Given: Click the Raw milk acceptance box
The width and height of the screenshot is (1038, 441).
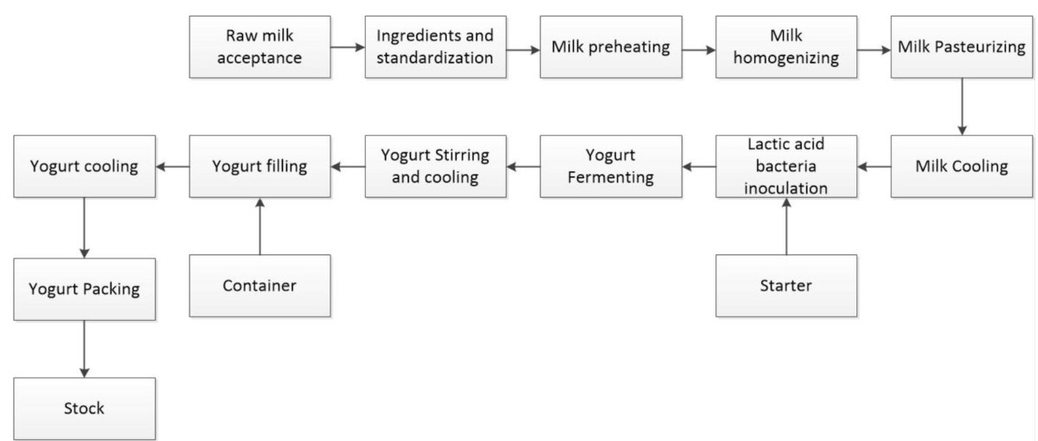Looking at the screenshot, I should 259,47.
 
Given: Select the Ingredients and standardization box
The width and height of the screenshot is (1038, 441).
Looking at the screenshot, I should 435,47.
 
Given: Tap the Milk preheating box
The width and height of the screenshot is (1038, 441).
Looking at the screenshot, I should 611,47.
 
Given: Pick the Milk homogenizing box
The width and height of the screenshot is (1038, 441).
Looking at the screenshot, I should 785,47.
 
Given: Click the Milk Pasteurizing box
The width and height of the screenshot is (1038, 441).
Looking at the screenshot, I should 961,47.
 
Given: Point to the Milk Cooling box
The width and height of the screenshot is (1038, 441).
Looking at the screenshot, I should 961,166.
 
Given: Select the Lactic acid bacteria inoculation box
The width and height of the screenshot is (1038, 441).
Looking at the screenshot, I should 785,166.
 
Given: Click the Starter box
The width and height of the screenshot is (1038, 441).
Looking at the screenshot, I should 785,285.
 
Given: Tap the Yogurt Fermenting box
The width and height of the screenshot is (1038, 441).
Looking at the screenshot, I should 611,166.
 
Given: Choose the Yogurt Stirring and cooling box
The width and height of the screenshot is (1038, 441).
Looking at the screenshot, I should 435,166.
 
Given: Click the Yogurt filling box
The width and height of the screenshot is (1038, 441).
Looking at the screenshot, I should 259,166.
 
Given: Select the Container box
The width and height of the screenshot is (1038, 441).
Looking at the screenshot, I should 259,285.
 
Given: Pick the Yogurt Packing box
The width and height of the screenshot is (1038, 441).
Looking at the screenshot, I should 84,289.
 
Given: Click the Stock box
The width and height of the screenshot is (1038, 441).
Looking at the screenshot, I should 84,408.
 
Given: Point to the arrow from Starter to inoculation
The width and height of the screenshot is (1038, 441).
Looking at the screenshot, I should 785,226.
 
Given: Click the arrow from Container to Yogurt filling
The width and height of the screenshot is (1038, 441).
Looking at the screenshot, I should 259,226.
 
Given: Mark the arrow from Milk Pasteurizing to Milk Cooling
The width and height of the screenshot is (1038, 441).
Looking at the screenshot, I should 961,105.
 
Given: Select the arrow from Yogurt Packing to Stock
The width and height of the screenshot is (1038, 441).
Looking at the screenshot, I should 84,348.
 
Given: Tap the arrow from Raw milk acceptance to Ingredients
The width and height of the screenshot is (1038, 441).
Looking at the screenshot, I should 347,48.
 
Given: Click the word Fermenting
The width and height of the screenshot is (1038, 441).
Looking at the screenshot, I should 611,177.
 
